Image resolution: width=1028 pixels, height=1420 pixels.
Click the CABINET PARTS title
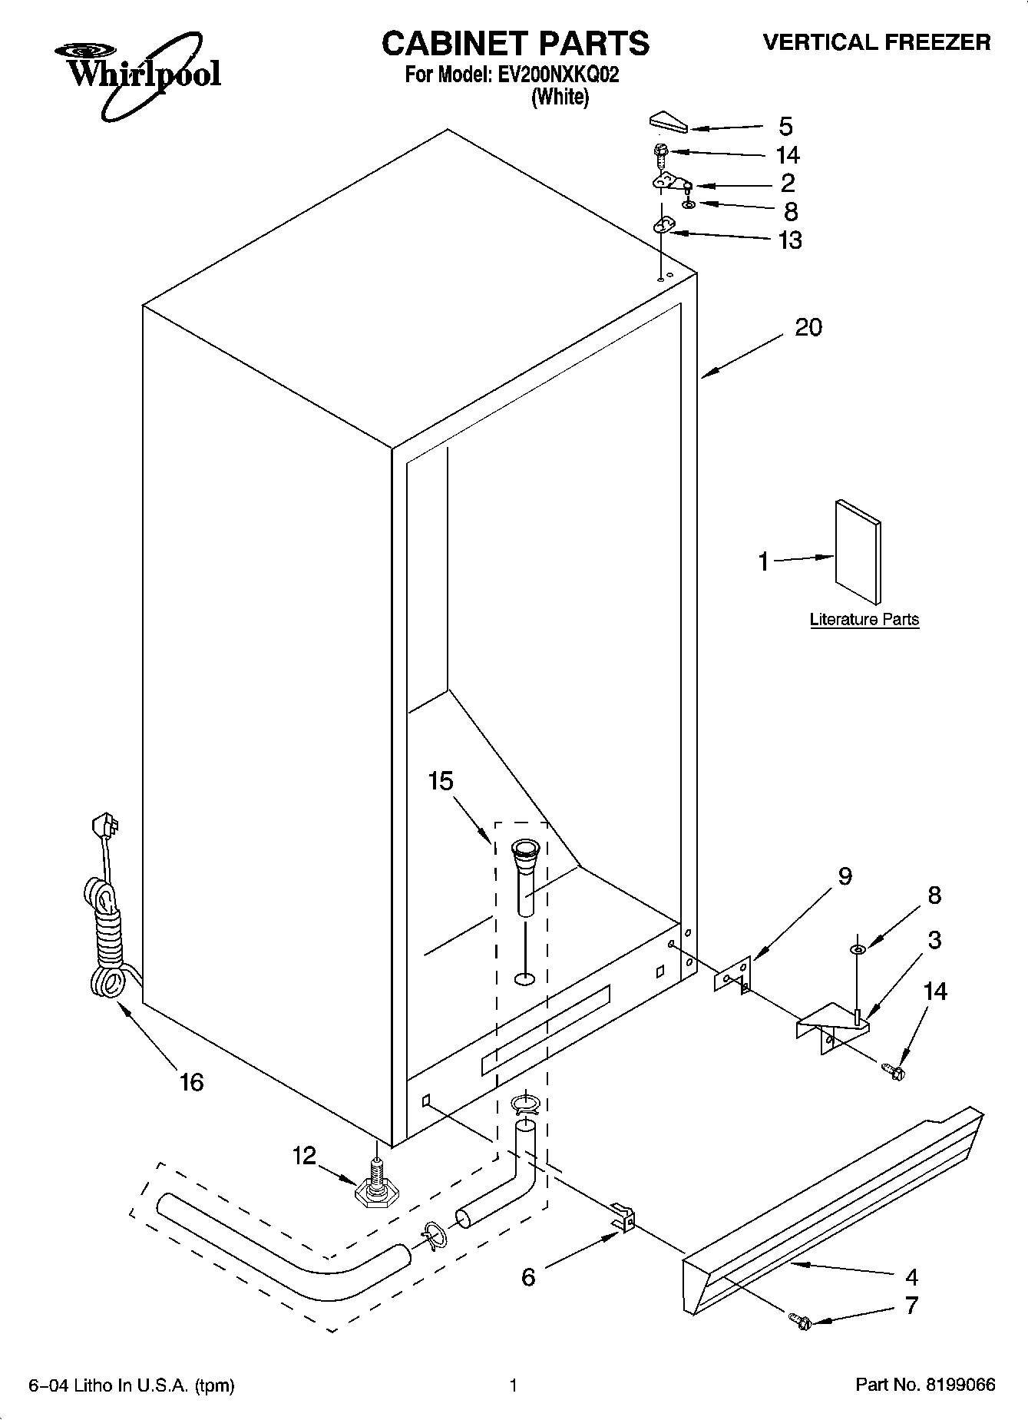click(x=515, y=44)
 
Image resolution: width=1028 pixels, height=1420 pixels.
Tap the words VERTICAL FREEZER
click(x=876, y=42)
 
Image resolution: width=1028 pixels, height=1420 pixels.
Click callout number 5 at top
click(x=785, y=127)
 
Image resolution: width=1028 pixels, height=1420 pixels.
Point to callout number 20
click(x=808, y=328)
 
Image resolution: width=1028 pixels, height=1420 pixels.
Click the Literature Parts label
click(x=864, y=620)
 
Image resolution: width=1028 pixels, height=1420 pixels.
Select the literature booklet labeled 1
click(x=858, y=552)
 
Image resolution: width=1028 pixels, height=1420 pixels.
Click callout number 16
click(x=191, y=1082)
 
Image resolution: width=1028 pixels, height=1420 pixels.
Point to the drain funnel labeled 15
click(x=526, y=877)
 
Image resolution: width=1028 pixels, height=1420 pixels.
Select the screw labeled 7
click(x=800, y=1322)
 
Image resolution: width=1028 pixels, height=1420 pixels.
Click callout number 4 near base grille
click(x=911, y=1277)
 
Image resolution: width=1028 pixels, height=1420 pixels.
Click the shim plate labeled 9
click(x=733, y=975)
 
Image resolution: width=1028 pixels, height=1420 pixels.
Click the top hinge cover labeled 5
click(x=669, y=122)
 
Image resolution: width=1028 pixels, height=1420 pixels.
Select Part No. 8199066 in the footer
click(x=925, y=1385)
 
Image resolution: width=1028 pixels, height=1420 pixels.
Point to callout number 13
click(x=790, y=240)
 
